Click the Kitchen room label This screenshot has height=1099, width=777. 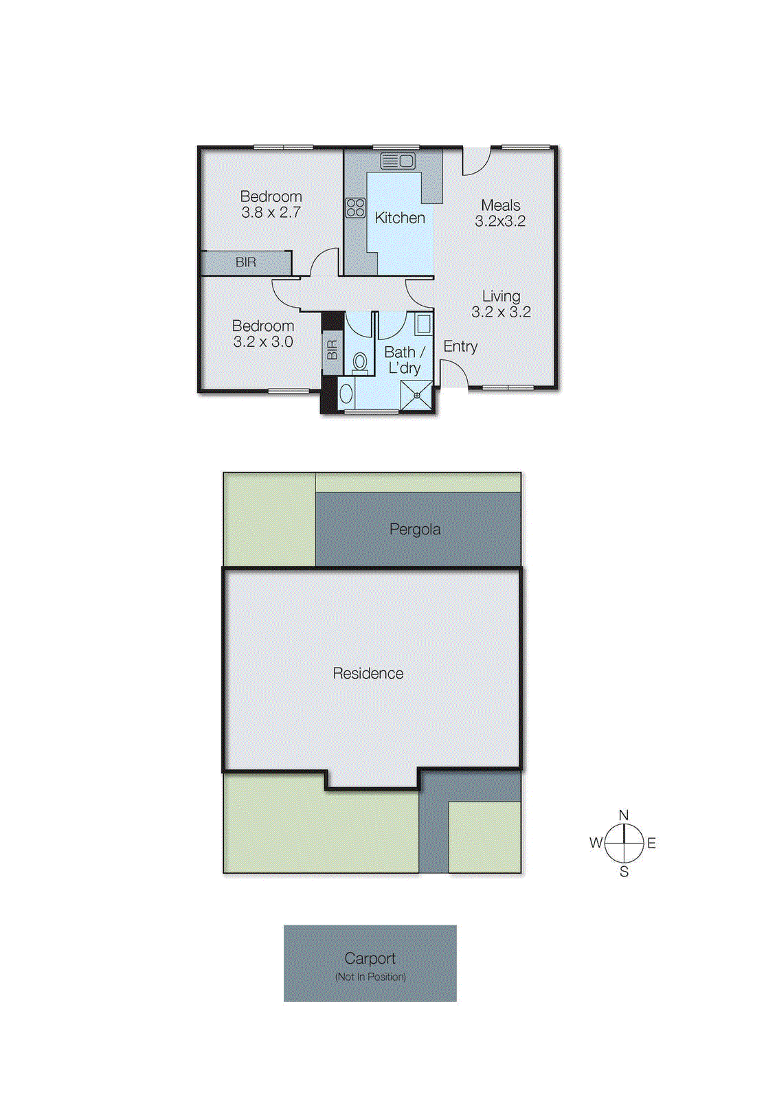[400, 218]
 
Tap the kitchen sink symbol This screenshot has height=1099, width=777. [398, 161]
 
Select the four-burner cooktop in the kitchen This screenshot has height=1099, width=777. [355, 207]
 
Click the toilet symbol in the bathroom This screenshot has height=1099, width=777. [360, 362]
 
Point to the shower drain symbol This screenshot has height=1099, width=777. [417, 396]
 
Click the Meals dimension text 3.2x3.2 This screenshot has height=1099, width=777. [500, 221]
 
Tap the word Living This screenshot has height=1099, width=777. [501, 296]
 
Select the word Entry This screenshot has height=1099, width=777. [460, 346]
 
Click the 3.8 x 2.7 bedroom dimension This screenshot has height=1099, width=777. [271, 213]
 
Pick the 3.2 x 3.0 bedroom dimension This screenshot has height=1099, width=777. [263, 342]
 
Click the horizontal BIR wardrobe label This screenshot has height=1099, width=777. [245, 262]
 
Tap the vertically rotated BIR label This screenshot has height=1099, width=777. [333, 350]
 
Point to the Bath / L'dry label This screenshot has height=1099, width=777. [404, 360]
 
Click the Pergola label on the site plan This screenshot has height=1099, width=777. [415, 530]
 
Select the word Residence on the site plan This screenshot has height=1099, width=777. [368, 674]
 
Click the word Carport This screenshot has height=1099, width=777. [370, 958]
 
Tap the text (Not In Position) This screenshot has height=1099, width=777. [370, 977]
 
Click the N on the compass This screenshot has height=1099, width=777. [624, 815]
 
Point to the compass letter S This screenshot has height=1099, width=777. [624, 872]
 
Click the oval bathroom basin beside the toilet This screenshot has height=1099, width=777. [346, 394]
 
